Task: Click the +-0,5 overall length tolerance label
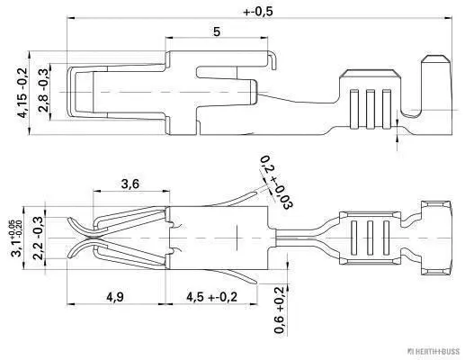point(259,12)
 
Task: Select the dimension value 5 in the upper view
point(217,31)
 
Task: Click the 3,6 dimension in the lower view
point(130,184)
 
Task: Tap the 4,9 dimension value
point(115,296)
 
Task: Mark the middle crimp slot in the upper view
point(371,106)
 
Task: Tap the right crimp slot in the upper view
point(386,106)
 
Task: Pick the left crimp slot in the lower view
point(353,239)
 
